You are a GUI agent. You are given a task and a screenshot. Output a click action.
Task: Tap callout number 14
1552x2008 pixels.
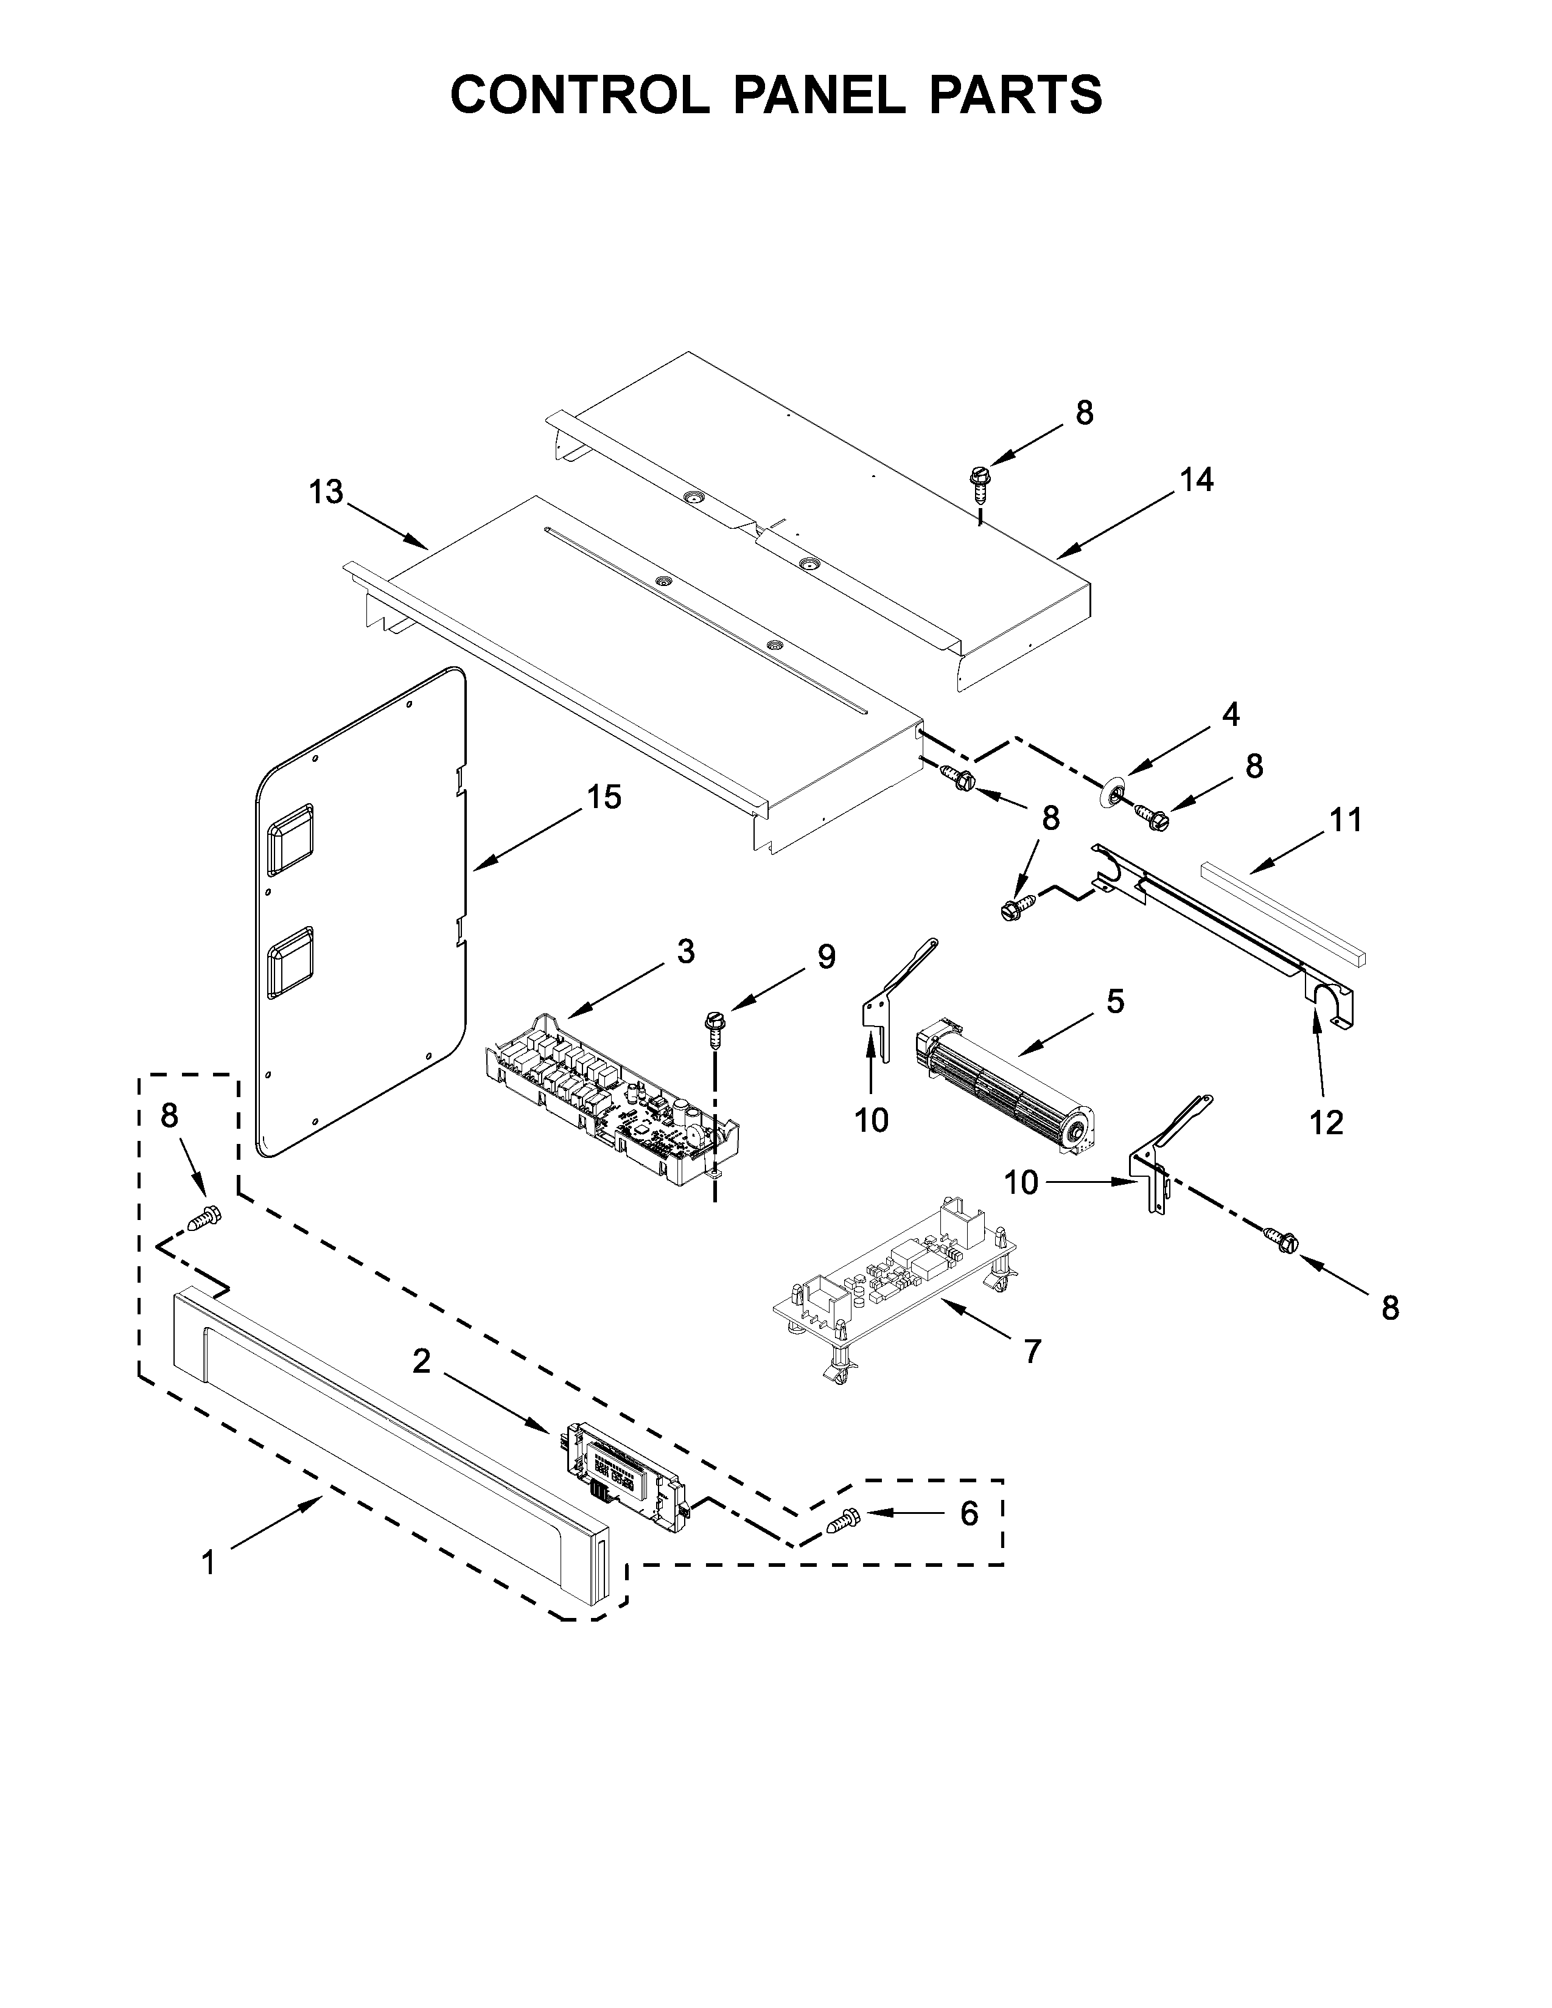1196,480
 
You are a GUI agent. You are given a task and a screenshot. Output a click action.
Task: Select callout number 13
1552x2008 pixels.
326,493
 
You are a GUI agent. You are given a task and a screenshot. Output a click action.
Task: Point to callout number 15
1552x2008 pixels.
604,797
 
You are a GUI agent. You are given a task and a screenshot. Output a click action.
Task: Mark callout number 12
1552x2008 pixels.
1327,1123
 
